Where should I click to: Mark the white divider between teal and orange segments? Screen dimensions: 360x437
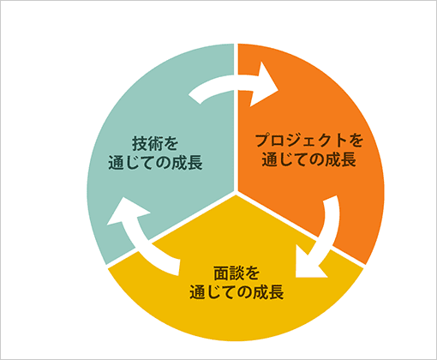pyautogui.click(x=236, y=129)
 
